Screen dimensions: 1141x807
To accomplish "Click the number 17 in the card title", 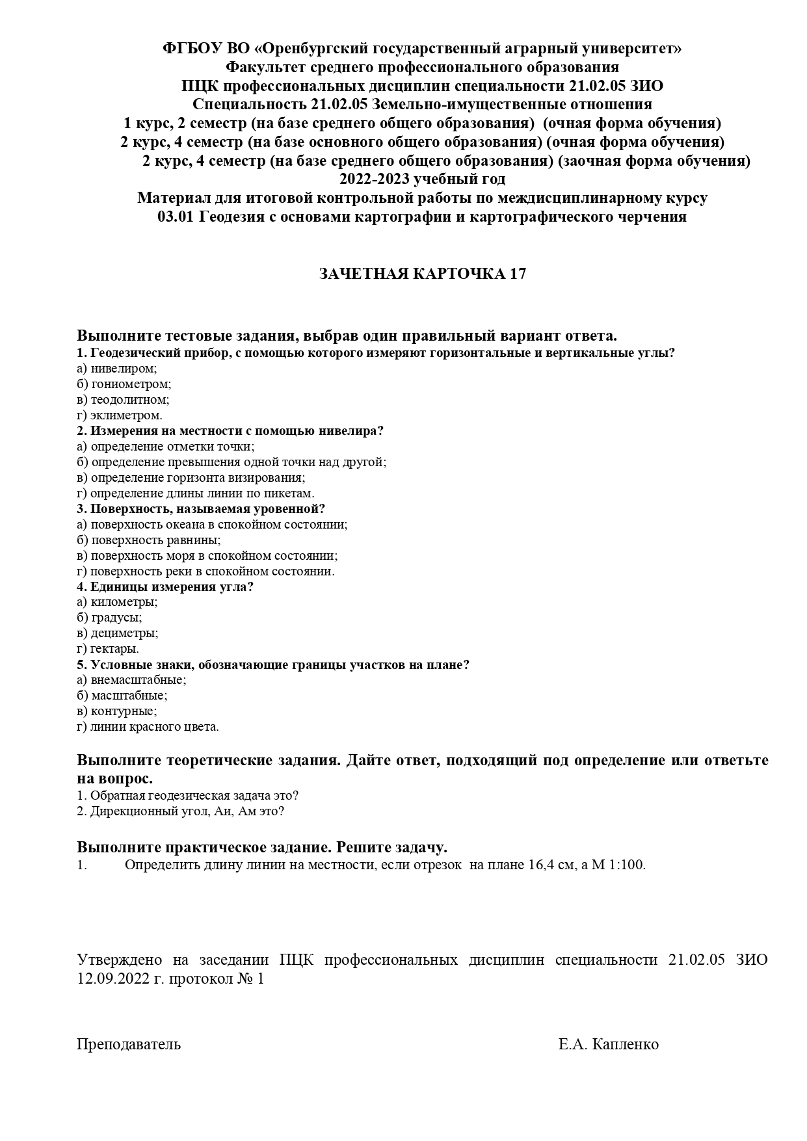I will click(x=518, y=274).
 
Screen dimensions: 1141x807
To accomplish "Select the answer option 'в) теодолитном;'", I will click(x=123, y=400).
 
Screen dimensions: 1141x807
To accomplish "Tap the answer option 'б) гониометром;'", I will click(x=124, y=384).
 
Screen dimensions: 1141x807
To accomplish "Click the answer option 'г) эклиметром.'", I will click(x=120, y=415).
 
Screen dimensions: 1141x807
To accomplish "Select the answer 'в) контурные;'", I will click(x=116, y=711).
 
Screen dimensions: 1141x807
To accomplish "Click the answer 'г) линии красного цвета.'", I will click(x=148, y=727).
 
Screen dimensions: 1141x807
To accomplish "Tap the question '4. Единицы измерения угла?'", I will click(x=165, y=587).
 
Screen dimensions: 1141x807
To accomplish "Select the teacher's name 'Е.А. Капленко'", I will click(x=608, y=1045).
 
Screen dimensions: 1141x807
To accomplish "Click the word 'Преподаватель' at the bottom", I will click(x=129, y=1045).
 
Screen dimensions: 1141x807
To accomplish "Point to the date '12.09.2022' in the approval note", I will click(x=113, y=979).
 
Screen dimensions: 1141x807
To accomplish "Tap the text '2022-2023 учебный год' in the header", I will click(x=422, y=179).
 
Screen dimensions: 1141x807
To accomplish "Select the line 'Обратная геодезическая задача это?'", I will click(x=194, y=796).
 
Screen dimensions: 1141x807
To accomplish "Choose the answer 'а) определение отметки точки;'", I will click(x=165, y=447).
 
